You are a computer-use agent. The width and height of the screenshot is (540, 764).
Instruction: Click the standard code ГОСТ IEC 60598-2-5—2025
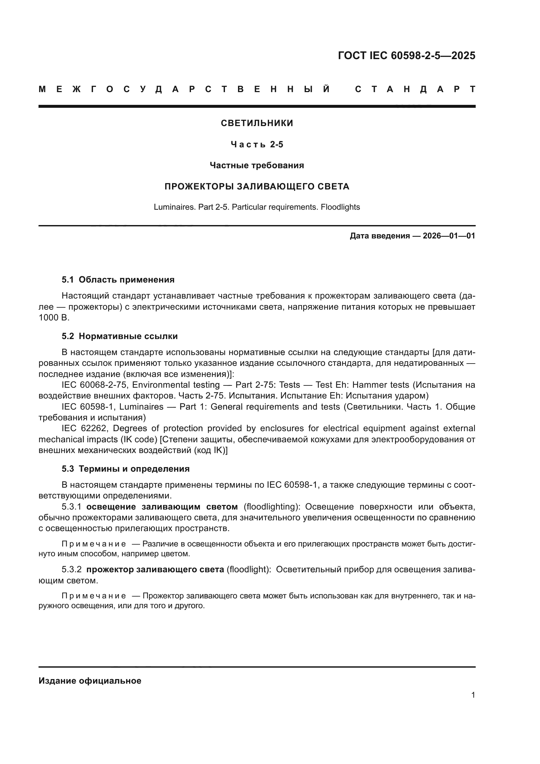pyautogui.click(x=406, y=56)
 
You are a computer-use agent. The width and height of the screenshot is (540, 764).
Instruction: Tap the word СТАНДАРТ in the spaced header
pyautogui.click(x=415, y=89)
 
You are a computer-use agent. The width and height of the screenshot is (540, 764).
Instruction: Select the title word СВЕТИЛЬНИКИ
pyautogui.click(x=257, y=123)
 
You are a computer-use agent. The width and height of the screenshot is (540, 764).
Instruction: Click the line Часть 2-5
pyautogui.click(x=257, y=145)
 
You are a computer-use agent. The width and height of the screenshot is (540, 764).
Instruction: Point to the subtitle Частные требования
pyautogui.click(x=257, y=165)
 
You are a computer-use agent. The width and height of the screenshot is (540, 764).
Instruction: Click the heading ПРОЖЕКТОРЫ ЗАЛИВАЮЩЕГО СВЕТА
pyautogui.click(x=257, y=187)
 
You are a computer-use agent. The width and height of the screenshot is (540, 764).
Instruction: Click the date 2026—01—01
pyautogui.click(x=449, y=236)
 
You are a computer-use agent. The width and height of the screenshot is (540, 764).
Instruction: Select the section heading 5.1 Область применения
pyautogui.click(x=118, y=280)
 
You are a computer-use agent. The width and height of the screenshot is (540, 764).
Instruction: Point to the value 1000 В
pyautogui.click(x=54, y=318)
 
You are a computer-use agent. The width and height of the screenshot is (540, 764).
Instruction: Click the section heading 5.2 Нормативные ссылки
pyautogui.click(x=120, y=336)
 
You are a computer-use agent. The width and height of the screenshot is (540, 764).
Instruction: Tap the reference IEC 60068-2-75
pyautogui.click(x=95, y=385)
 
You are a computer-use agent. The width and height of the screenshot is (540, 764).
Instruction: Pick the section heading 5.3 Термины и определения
pyautogui.click(x=125, y=469)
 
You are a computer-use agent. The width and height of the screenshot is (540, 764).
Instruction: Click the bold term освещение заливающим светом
pyautogui.click(x=162, y=507)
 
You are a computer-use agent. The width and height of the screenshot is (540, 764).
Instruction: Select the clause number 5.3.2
pyautogui.click(x=71, y=570)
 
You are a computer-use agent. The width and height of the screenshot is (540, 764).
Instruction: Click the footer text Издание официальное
pyautogui.click(x=90, y=681)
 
